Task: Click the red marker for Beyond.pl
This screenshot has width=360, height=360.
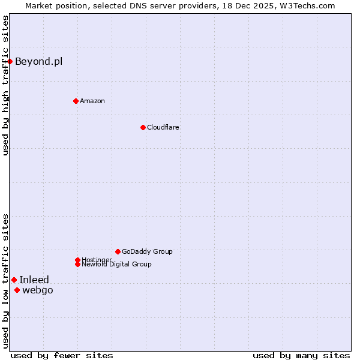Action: pyautogui.click(x=10, y=61)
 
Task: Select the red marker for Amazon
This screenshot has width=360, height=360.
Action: pyautogui.click(x=76, y=101)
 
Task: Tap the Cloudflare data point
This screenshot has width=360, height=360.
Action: pyautogui.click(x=143, y=127)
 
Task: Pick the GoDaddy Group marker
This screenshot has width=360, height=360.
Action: pyautogui.click(x=118, y=251)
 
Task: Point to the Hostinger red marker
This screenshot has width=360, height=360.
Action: pyautogui.click(x=77, y=260)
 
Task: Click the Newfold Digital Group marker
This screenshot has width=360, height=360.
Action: pyautogui.click(x=77, y=264)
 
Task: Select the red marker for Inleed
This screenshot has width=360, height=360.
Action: pyautogui.click(x=14, y=280)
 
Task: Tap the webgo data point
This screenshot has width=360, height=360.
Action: pyautogui.click(x=17, y=290)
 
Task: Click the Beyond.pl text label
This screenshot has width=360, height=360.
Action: pyautogui.click(x=38, y=61)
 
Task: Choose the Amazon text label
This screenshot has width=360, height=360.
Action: pyautogui.click(x=92, y=101)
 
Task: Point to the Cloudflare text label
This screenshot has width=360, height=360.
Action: pyautogui.click(x=163, y=127)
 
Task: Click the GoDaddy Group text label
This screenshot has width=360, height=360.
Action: pyautogui.click(x=147, y=251)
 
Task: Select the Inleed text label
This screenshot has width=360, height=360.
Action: pyautogui.click(x=34, y=280)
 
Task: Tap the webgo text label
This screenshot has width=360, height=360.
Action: pyautogui.click(x=37, y=290)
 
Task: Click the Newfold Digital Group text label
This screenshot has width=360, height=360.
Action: pyautogui.click(x=116, y=265)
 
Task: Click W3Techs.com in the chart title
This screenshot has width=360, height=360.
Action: pyautogui.click(x=304, y=5)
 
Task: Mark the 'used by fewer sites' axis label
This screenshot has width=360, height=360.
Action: pyautogui.click(x=62, y=355)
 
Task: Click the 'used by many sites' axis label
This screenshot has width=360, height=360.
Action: pyautogui.click(x=301, y=355)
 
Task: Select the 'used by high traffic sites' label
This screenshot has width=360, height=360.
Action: pyautogui.click(x=5, y=85)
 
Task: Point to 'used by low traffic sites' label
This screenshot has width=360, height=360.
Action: pyautogui.click(x=5, y=281)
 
